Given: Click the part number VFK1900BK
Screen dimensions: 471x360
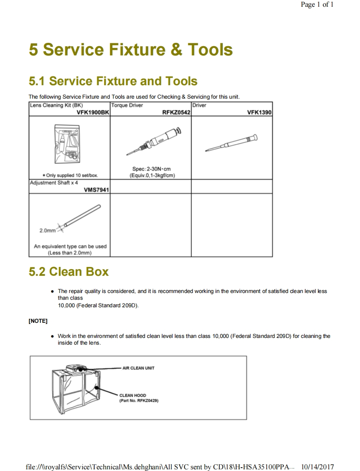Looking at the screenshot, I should [x=93, y=113].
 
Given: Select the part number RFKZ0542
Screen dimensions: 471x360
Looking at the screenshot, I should [x=176, y=113].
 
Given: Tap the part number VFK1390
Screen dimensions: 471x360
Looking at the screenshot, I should [x=259, y=113].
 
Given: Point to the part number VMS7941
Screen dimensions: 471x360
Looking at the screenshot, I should [x=97, y=190].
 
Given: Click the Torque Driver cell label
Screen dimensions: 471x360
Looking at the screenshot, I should [x=127, y=105].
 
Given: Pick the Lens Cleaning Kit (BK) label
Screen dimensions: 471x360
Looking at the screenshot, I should [x=50, y=105].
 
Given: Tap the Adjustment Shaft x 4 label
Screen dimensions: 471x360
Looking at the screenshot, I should [x=54, y=183].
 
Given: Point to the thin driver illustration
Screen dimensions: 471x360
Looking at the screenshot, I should [x=231, y=143].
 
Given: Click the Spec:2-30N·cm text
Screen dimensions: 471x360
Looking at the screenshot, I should [x=151, y=169].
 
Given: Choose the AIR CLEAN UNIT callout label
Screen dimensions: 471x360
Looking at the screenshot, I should [x=138, y=368].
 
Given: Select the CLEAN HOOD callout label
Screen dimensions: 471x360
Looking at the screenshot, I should [x=133, y=395].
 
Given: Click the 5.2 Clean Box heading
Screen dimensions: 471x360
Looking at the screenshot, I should [x=68, y=272].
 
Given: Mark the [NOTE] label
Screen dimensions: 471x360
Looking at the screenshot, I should [x=38, y=321].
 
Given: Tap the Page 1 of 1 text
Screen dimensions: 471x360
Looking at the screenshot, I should [x=317, y=5].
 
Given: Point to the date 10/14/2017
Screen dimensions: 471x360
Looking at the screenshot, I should [x=318, y=467].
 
